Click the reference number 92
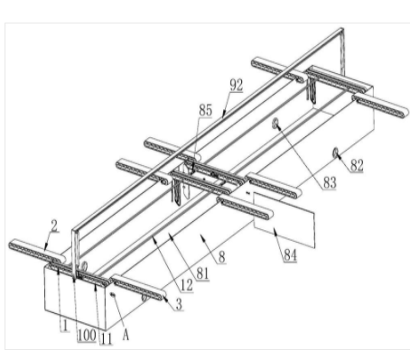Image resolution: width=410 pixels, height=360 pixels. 237,85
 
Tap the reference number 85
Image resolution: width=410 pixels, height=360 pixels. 206,110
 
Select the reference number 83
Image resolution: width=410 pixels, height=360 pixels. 330,182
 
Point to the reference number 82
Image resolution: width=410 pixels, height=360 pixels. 357,165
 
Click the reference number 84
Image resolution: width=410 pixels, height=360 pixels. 291,255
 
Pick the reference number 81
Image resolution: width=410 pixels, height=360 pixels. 202,273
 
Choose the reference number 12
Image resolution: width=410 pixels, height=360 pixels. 187,285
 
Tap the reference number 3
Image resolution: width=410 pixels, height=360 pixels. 179,304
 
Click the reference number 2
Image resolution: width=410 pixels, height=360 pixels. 54,226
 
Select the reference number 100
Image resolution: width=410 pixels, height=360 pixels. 88,335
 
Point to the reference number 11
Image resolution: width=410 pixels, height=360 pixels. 106,338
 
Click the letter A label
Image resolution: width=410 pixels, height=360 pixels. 126,335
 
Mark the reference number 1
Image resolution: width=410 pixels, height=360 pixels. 64,326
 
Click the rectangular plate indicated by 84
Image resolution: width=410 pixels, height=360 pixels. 284,220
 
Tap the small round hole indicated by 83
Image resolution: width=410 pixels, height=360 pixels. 275,124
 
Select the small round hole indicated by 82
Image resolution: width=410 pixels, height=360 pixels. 335,152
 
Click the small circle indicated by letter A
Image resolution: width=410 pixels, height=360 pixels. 113,294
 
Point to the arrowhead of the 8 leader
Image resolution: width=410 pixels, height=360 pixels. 201,237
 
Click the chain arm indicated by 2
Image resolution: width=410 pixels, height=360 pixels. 37,251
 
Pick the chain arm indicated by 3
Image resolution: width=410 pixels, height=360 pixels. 139,286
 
